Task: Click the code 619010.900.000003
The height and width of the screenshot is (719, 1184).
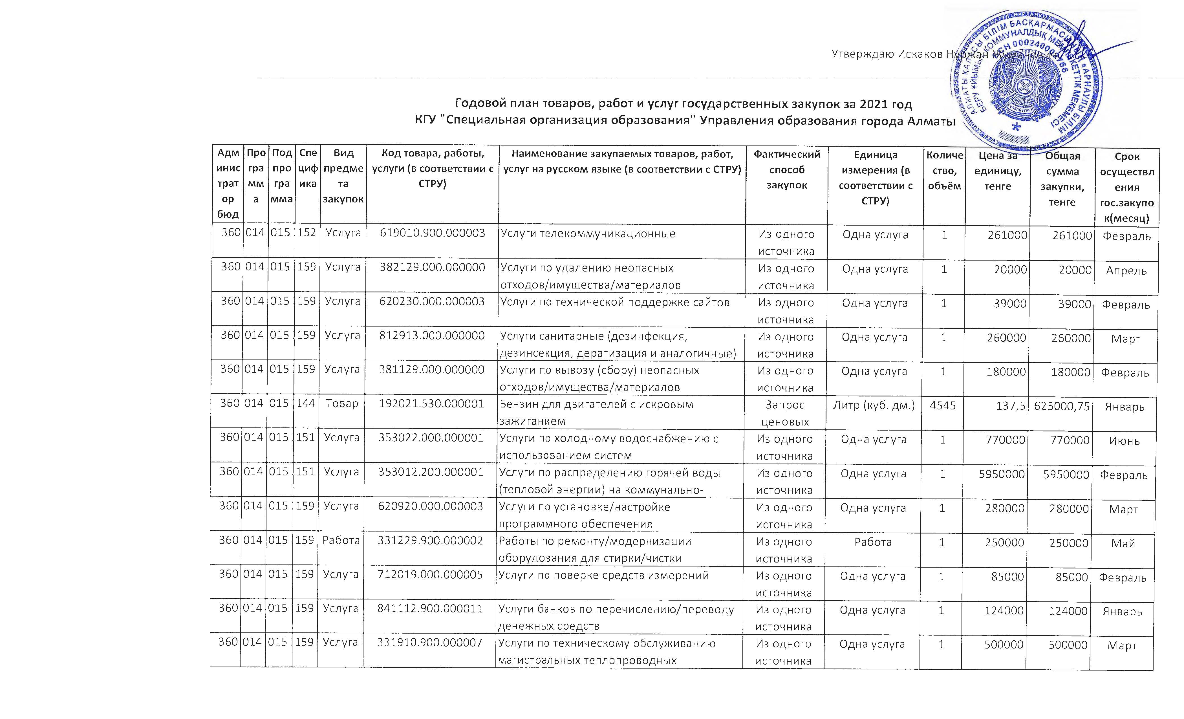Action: (433, 233)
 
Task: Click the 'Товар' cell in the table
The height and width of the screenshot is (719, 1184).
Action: (342, 404)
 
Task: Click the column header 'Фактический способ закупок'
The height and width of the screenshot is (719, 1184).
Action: (787, 170)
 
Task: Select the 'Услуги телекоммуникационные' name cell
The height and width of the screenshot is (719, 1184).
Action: (588, 234)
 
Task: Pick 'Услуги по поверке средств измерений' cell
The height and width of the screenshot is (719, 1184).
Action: (603, 575)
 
